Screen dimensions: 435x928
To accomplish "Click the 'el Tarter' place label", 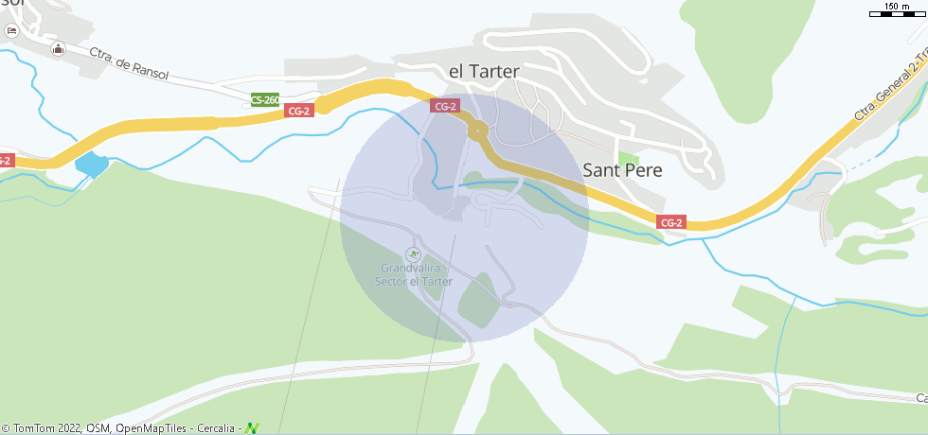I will tap(483, 72).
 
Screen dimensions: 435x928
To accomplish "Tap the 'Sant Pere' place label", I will tap(622, 170).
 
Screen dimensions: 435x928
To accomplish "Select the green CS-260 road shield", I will tap(265, 99).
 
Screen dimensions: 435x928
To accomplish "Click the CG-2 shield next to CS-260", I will tap(298, 111).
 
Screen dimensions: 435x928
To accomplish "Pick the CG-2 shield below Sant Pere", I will tap(670, 222).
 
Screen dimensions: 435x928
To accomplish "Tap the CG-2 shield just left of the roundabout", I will tap(444, 106).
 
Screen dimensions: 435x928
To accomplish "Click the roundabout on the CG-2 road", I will tap(478, 130).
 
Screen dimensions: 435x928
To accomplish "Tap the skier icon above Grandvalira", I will tap(411, 253).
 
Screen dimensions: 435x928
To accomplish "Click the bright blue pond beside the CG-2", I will tap(91, 164).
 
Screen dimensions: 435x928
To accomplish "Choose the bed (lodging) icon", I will tap(11, 30).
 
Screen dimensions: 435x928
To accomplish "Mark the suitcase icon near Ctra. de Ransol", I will tap(59, 49).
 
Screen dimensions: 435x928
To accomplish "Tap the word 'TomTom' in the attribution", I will tap(33, 428).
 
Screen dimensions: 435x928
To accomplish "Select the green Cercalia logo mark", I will tap(251, 428).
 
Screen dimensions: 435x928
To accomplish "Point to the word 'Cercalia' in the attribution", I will tap(219, 428).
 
